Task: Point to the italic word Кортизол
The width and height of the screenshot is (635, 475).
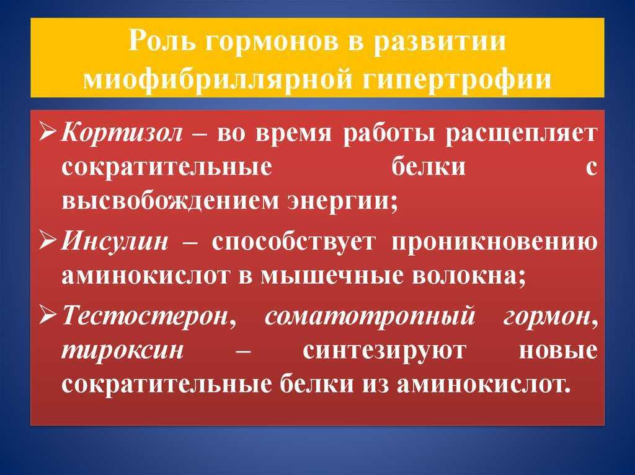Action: (x=122, y=133)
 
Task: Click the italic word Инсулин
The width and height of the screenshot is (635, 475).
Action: (x=115, y=242)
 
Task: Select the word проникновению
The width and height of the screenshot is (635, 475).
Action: (x=494, y=242)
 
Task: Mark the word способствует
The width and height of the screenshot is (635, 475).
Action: (x=293, y=242)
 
